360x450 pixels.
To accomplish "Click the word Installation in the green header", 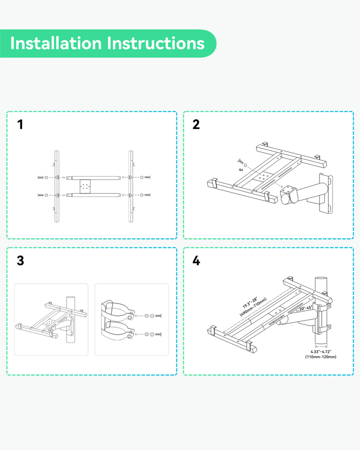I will (56, 44).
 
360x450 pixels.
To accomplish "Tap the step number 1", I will (20, 125).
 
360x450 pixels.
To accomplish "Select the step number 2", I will (196, 125).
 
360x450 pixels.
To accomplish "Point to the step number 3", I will (20, 261).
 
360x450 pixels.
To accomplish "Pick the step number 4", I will (196, 261).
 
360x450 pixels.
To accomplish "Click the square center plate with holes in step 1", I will (85, 185).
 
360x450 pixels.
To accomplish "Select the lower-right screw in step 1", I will (147, 195).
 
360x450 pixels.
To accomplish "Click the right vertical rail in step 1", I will (131, 186).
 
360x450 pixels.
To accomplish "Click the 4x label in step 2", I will (241, 170).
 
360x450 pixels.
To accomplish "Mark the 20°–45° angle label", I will (306, 309).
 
